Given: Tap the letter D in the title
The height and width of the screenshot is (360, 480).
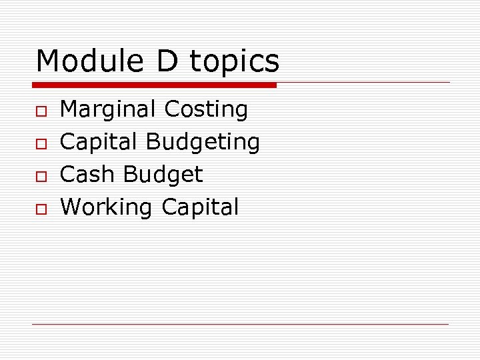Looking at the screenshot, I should [169, 61].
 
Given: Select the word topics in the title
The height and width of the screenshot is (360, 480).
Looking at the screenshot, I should [235, 62].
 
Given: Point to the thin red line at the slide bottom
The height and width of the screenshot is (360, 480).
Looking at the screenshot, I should [241, 324].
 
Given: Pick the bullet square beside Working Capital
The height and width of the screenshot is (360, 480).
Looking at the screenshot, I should [42, 209].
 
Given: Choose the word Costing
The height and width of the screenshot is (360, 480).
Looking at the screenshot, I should [206, 109].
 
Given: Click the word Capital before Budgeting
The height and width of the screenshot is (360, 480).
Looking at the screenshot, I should [99, 142].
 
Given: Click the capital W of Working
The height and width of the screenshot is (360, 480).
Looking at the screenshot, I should [71, 207].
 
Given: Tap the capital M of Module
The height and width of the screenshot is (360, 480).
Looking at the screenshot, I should [49, 61].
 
